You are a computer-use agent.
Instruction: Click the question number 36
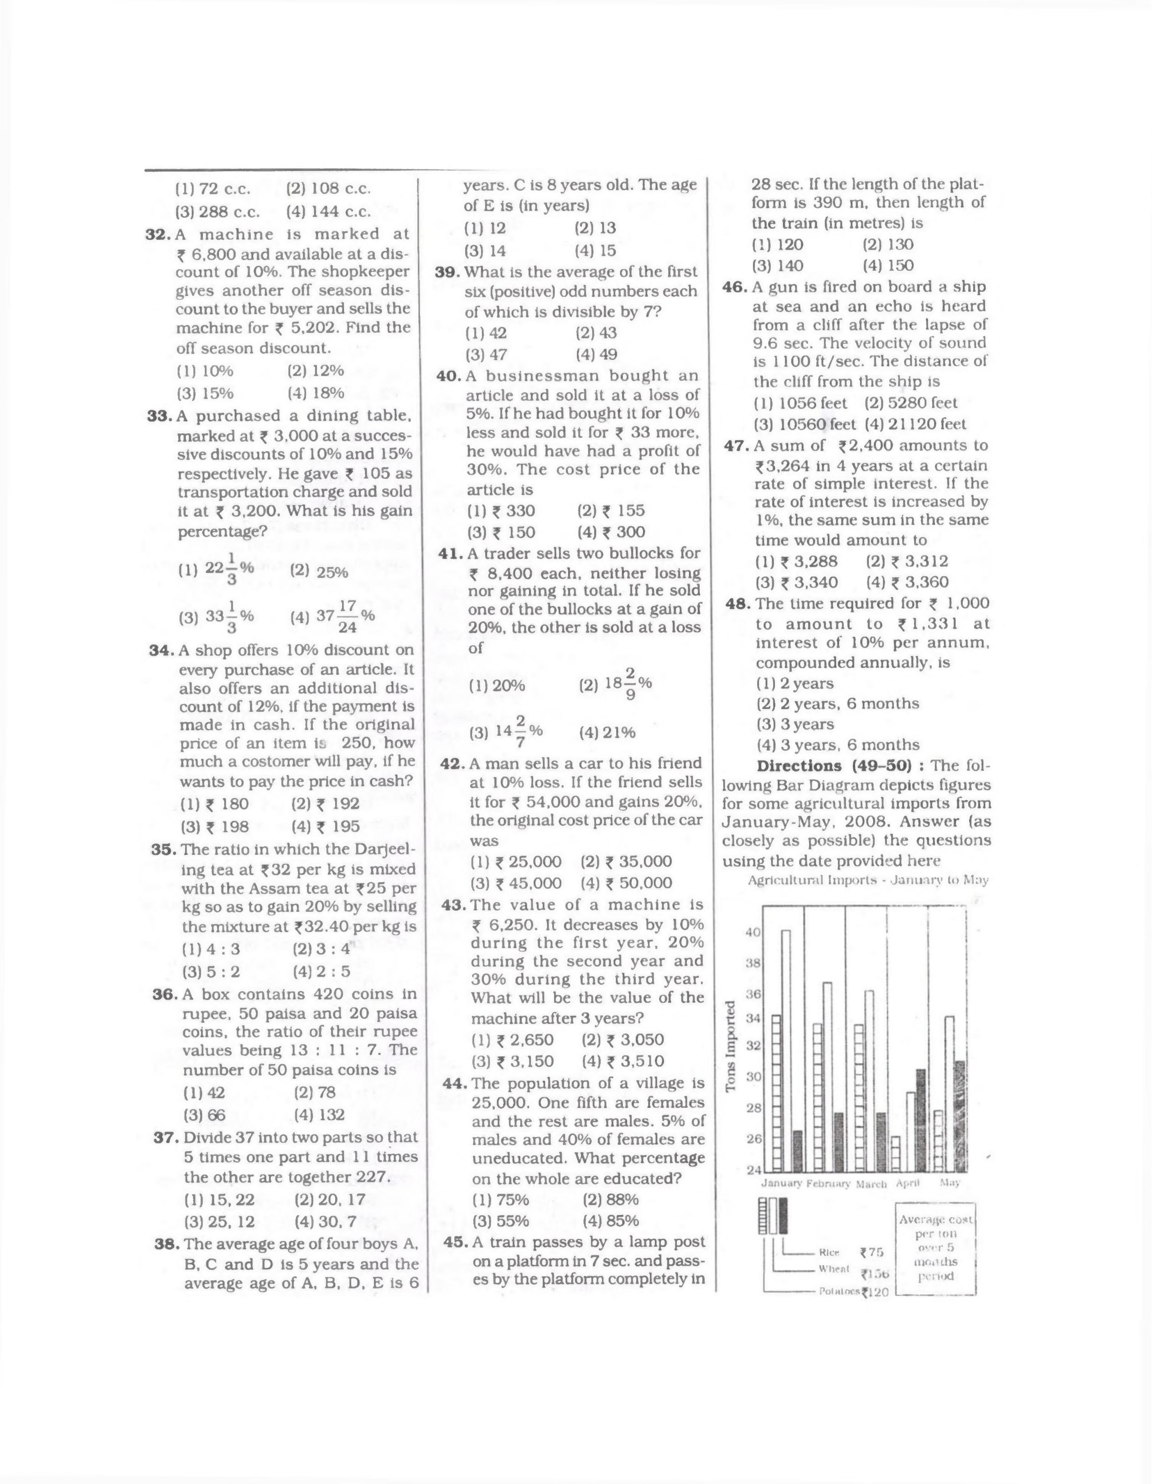tap(165, 994)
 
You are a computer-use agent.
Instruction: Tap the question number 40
tap(449, 376)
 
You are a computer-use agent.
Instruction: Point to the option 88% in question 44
tap(610, 1200)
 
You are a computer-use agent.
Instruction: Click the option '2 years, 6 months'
tap(837, 703)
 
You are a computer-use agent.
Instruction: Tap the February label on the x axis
tap(828, 1184)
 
